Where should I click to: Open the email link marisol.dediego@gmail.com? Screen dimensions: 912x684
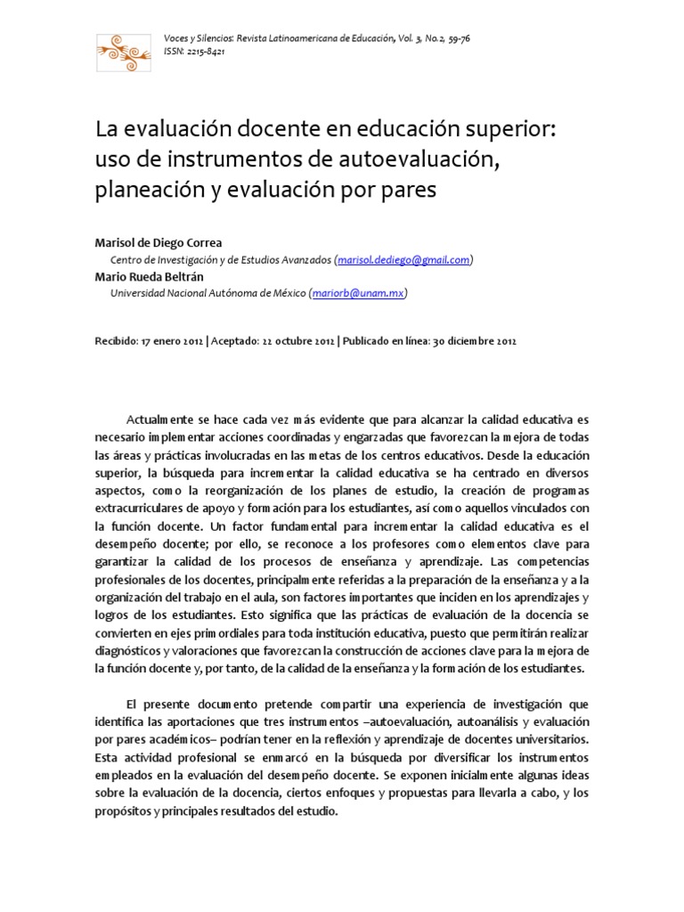coord(403,259)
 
